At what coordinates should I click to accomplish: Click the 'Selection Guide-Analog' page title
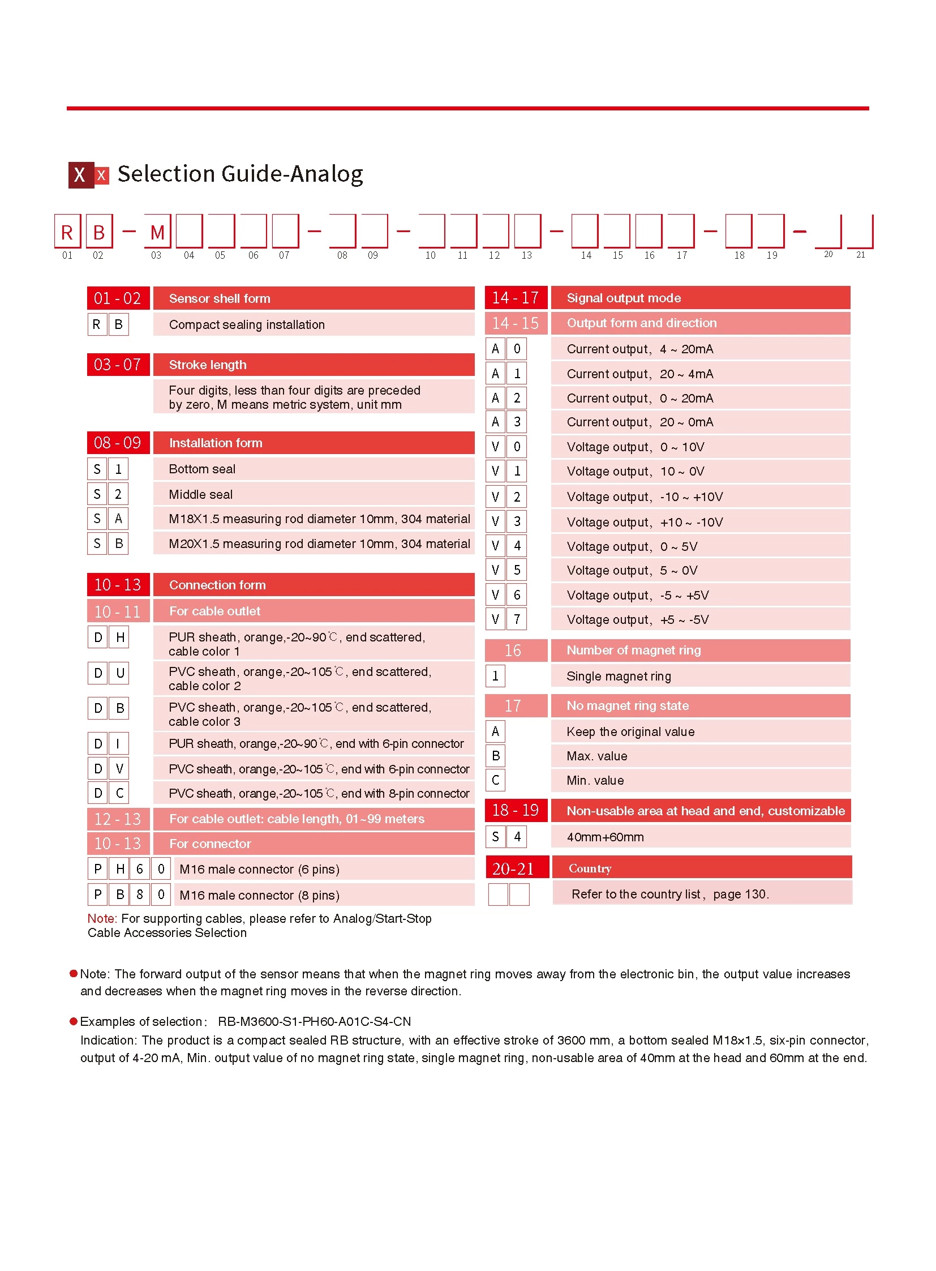pos(241,174)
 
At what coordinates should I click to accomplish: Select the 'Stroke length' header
pos(208,365)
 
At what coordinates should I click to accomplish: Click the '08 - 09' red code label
pos(118,443)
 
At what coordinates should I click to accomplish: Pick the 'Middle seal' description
pos(200,494)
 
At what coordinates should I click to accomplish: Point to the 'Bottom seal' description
pos(202,469)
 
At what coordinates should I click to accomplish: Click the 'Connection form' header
pos(217,585)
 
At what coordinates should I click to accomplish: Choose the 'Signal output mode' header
pos(624,298)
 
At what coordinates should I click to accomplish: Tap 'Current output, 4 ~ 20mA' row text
pos(640,349)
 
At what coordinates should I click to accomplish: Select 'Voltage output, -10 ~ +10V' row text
pos(645,497)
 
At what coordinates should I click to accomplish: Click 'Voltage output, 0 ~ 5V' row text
pos(632,547)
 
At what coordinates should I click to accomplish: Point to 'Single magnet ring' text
pos(619,677)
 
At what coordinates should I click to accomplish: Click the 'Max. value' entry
pos(597,756)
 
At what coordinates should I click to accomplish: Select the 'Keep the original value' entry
pos(630,732)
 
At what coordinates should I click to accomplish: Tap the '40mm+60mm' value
pos(605,837)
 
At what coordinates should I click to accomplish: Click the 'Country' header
pos(590,868)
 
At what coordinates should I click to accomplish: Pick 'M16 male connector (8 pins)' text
pos(260,895)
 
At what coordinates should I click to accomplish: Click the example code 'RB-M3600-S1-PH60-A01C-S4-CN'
pos(315,1021)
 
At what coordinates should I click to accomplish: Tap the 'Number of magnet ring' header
pos(633,651)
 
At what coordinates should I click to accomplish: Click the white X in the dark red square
pos(80,175)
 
